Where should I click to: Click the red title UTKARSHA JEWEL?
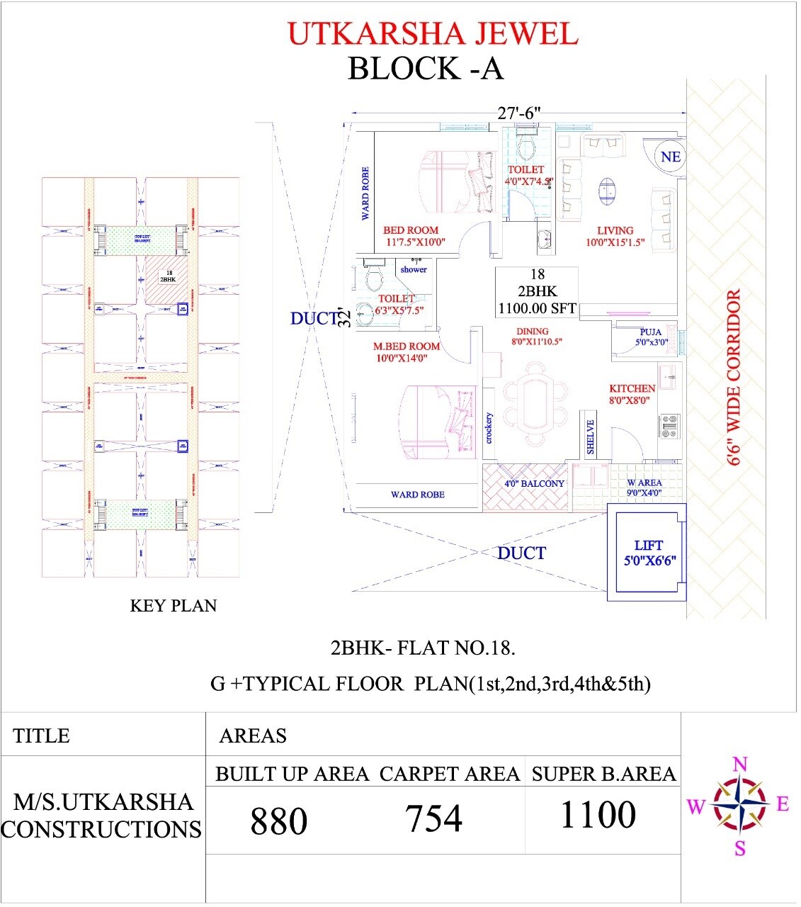433,34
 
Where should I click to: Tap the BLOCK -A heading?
425,69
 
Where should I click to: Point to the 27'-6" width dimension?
518,113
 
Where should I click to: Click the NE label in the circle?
670,157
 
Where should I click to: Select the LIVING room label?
615,230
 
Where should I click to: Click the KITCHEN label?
632,388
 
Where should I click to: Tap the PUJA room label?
650,332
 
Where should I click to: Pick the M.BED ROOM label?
407,347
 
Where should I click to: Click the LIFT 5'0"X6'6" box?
649,552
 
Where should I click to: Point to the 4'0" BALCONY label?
534,484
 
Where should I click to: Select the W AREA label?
644,483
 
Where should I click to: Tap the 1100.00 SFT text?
537,308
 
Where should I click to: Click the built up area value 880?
279,821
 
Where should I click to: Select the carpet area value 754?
433,818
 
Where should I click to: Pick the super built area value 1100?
598,815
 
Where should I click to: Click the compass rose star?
739,804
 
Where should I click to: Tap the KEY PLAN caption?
174,606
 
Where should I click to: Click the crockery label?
489,428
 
